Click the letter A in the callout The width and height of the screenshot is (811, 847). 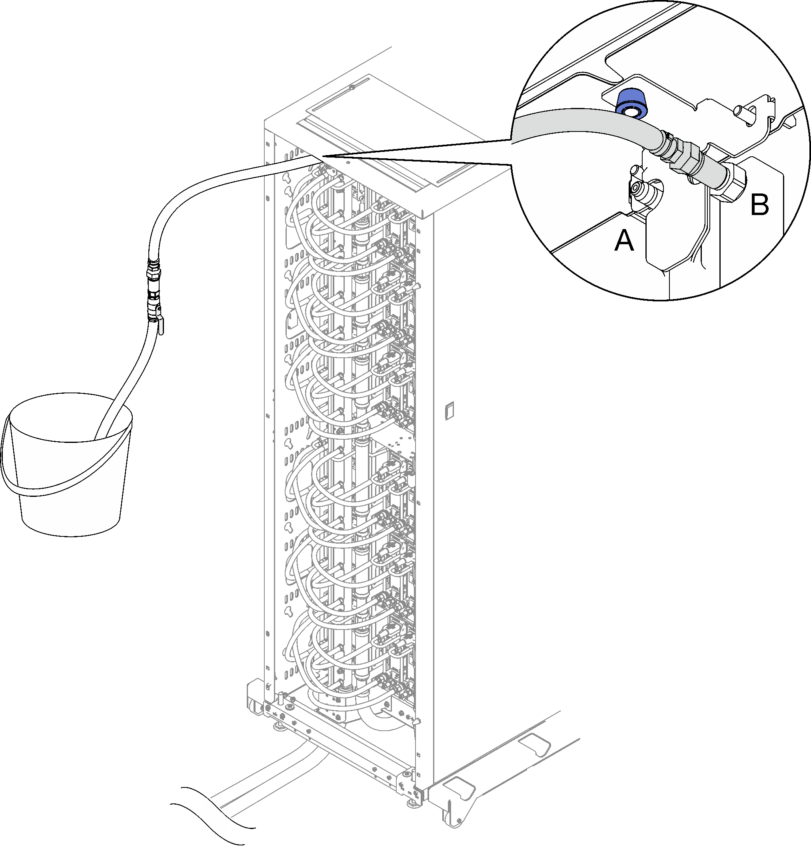[624, 240]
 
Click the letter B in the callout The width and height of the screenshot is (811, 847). [759, 204]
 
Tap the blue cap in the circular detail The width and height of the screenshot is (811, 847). [631, 103]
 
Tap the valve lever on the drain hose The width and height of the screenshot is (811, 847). [160, 325]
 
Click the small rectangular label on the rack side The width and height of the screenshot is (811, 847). [449, 411]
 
